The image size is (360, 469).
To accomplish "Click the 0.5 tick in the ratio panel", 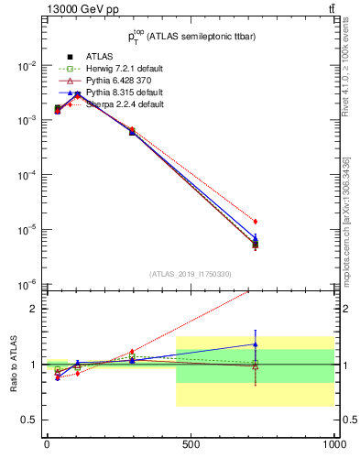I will tap(27, 420).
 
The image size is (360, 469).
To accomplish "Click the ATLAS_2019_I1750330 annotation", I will tap(191, 274).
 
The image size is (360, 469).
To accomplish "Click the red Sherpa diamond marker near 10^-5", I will tap(256, 222).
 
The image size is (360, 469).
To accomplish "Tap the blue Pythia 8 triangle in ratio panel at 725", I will tap(256, 345).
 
